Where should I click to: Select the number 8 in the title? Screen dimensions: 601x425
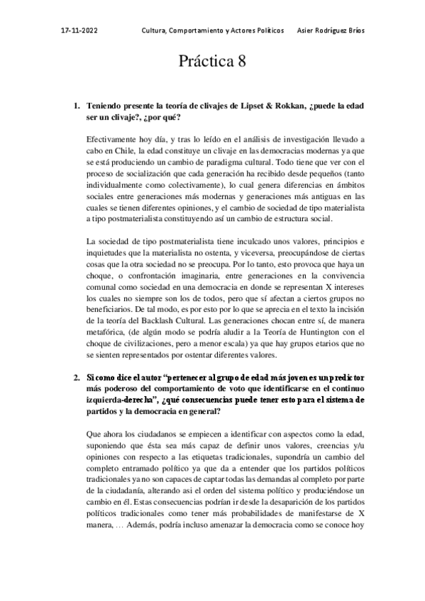241,62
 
